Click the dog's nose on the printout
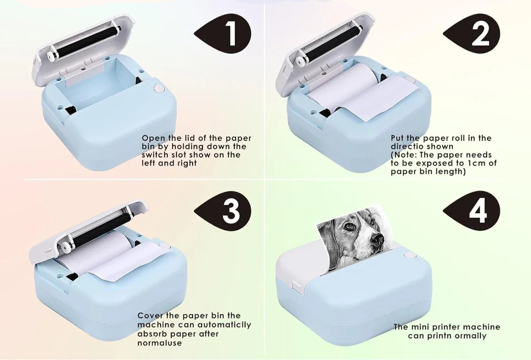(x=377, y=240)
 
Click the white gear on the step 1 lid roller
(x=50, y=56)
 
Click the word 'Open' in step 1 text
(x=154, y=138)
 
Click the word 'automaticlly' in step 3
(x=224, y=325)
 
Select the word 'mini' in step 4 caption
(x=419, y=327)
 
